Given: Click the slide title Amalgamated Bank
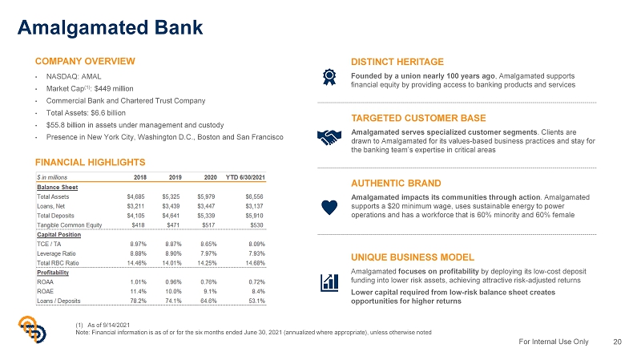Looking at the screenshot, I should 111,26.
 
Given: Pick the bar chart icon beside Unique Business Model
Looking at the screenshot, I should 328,281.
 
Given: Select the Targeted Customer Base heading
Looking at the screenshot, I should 419,119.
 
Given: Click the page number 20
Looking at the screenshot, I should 617,342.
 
